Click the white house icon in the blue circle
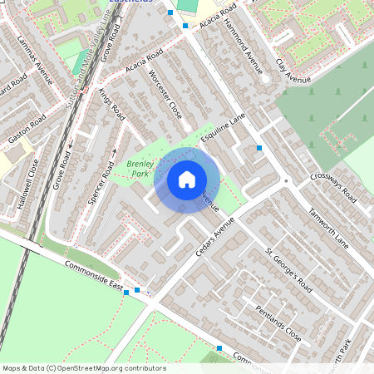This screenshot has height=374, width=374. point(187,180)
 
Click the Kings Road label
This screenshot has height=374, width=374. point(111,102)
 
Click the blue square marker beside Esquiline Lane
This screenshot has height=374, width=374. point(259,148)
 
